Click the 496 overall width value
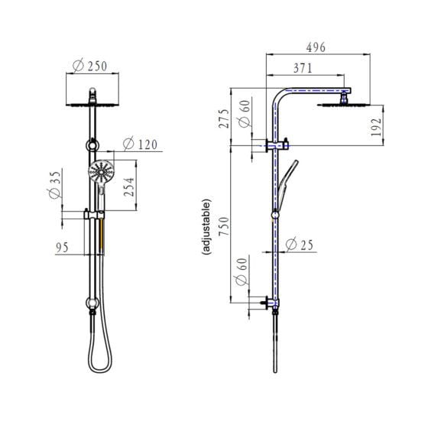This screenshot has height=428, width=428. [x=315, y=47]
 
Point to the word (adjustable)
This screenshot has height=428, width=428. [x=207, y=232]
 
